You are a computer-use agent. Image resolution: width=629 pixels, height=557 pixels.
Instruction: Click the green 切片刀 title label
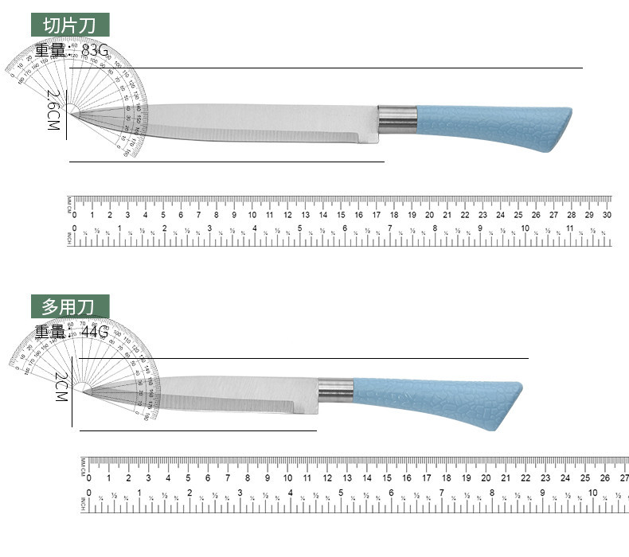70,24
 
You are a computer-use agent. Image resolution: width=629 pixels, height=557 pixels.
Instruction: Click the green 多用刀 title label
70,306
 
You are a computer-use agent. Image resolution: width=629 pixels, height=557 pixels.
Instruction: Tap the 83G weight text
94,52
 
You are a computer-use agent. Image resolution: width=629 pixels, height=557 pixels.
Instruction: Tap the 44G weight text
94,332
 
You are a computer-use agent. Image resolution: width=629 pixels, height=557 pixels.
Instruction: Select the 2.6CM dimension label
53,111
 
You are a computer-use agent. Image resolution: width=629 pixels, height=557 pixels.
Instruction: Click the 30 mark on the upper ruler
607,215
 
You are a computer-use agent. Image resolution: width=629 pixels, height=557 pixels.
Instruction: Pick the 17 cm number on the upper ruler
377,215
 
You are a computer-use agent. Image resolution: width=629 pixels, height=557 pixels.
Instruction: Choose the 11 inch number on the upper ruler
569,229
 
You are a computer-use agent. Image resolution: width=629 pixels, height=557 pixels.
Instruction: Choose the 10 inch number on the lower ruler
592,493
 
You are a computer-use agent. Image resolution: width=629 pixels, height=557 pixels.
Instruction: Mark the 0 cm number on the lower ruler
89,477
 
